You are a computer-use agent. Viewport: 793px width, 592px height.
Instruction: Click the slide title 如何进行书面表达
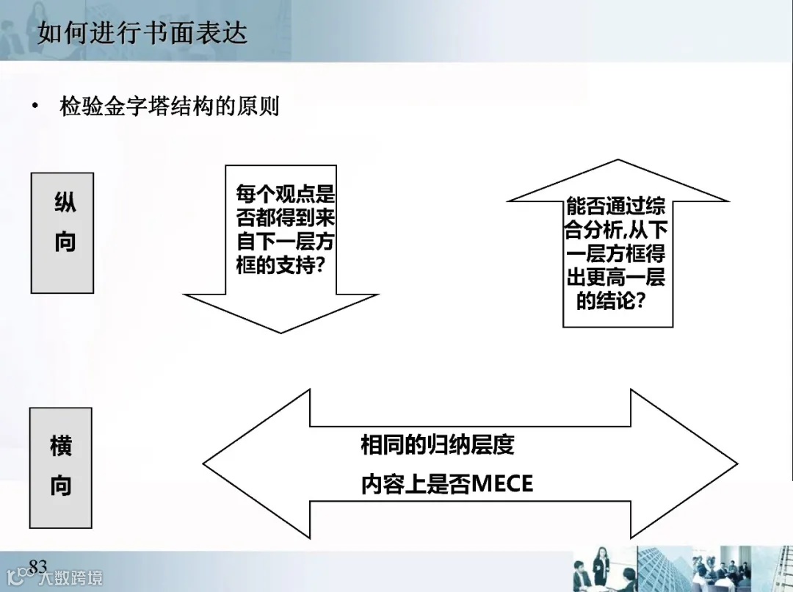[142, 34]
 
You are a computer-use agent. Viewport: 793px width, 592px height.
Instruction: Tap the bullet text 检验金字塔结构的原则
[169, 107]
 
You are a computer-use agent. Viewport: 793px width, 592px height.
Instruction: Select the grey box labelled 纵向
[63, 233]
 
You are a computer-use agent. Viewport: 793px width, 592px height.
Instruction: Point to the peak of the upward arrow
[618, 162]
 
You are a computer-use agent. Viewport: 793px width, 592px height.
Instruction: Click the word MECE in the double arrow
[502, 485]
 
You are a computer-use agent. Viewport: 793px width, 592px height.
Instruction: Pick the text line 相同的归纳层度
[437, 445]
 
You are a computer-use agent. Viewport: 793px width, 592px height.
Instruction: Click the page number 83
[37, 565]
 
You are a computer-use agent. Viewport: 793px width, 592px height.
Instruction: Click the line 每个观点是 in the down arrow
[285, 195]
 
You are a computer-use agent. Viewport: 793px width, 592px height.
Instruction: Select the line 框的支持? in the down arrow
[280, 264]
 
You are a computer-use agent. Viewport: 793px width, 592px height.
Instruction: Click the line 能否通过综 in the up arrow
[616, 206]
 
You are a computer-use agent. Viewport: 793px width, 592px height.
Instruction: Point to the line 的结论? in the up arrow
[610, 300]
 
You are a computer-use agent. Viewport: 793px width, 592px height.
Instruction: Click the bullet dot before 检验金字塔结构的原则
[34, 107]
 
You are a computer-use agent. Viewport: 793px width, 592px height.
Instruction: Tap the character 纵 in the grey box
[65, 203]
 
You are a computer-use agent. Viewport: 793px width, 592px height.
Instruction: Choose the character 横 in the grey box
[61, 446]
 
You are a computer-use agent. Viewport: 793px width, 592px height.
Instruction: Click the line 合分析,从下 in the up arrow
[615, 230]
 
